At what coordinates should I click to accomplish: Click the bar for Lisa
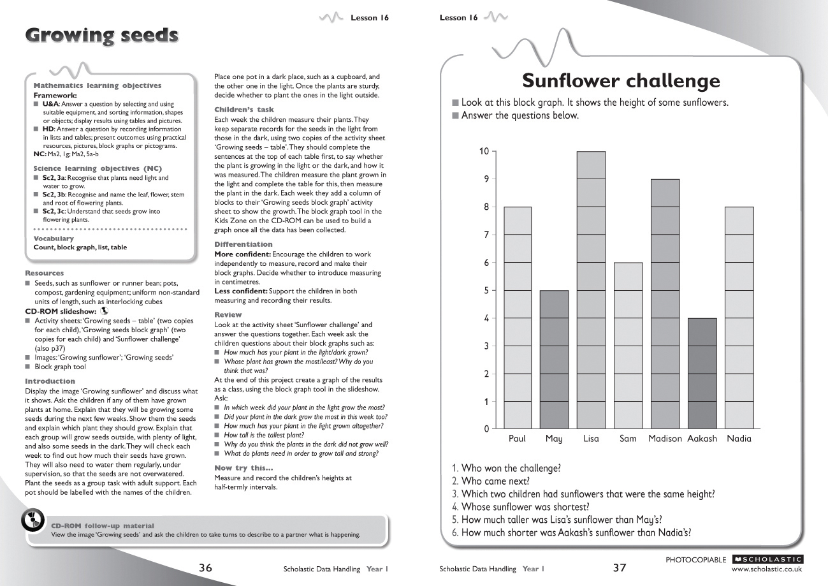(x=591, y=290)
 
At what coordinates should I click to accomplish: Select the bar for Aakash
(x=702, y=373)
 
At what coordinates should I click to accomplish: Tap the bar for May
(x=554, y=359)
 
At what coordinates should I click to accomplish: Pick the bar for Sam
(x=628, y=345)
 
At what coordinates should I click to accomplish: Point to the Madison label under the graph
(x=665, y=439)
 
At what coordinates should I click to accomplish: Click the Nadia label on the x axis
(x=739, y=439)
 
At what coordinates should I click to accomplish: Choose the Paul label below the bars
(x=517, y=439)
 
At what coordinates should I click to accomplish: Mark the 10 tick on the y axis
(x=484, y=151)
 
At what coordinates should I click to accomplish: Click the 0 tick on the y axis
(x=486, y=429)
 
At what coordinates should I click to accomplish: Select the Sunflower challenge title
(x=621, y=81)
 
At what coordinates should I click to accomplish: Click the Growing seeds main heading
(x=101, y=36)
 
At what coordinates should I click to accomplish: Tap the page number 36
(x=205, y=568)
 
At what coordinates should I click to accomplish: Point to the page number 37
(x=620, y=568)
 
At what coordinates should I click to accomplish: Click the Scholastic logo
(x=767, y=559)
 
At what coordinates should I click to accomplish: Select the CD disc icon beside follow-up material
(x=33, y=520)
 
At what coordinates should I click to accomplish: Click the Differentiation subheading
(x=243, y=244)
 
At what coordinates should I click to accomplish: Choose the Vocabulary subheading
(x=54, y=238)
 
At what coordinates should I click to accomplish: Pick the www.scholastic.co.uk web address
(x=767, y=569)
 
